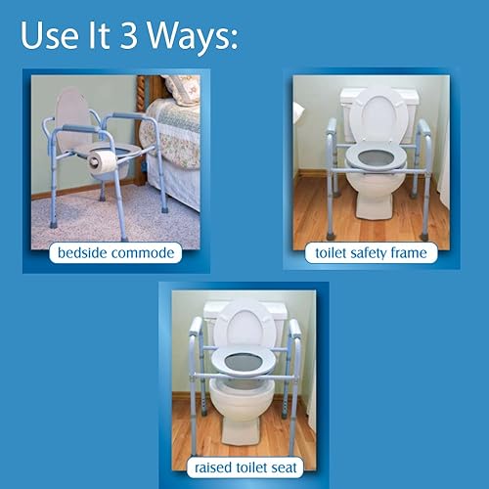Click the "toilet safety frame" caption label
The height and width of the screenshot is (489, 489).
(x=373, y=253)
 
